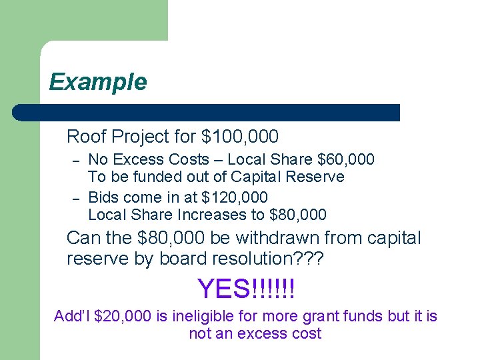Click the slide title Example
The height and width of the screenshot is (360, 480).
tap(98, 82)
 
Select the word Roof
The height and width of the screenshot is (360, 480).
tap(86, 137)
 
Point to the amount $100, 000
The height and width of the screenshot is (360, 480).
tap(239, 137)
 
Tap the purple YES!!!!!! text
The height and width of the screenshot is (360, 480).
tap(246, 289)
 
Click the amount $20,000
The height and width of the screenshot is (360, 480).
tap(123, 315)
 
